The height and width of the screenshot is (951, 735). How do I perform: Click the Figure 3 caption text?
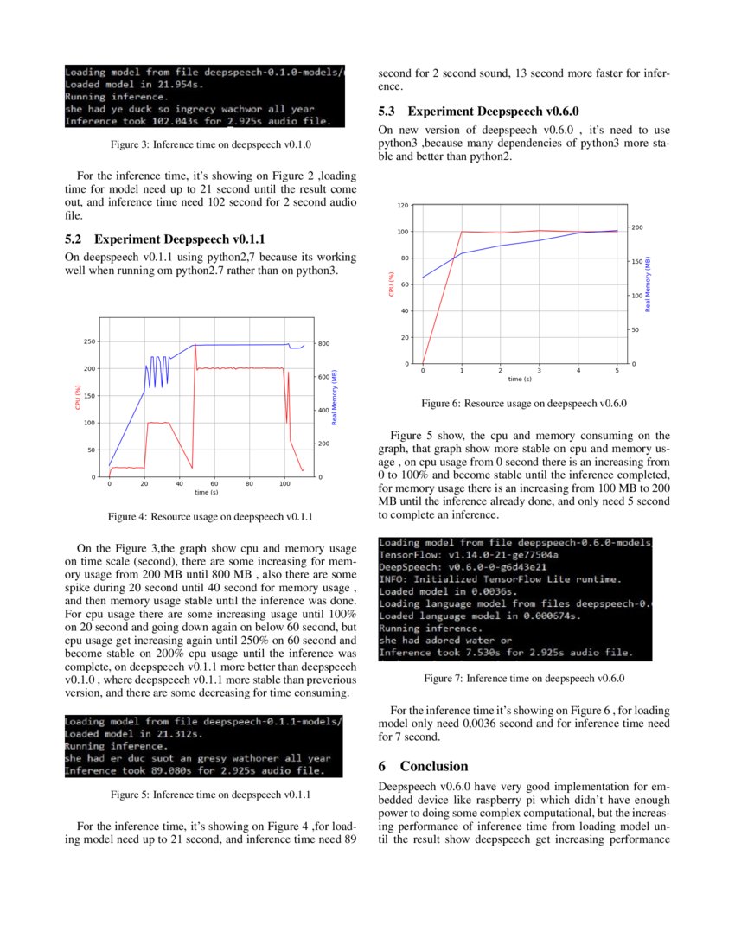[210, 144]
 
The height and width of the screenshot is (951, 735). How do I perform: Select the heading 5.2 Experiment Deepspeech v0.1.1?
[165, 239]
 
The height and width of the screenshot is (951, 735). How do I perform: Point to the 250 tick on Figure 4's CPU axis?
[89, 342]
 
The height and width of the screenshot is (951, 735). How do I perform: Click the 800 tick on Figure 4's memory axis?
[325, 344]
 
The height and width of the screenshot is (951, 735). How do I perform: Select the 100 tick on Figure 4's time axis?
[284, 483]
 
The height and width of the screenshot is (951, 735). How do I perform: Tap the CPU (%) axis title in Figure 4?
[78, 397]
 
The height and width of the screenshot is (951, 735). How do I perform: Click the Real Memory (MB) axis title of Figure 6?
[648, 284]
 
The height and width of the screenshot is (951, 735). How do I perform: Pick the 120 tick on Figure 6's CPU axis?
[403, 206]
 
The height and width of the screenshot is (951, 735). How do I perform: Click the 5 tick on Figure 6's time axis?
[617, 370]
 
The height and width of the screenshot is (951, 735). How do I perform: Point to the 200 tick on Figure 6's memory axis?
[638, 227]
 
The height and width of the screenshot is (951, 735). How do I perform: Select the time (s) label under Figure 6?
[520, 379]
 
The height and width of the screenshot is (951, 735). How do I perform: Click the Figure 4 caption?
[210, 517]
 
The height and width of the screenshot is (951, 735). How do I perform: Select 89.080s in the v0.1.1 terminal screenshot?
[168, 769]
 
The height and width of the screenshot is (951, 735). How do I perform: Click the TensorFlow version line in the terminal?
[469, 554]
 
